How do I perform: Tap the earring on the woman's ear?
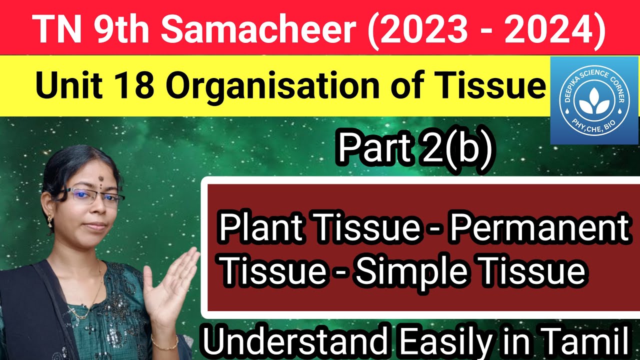click(50, 220)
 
